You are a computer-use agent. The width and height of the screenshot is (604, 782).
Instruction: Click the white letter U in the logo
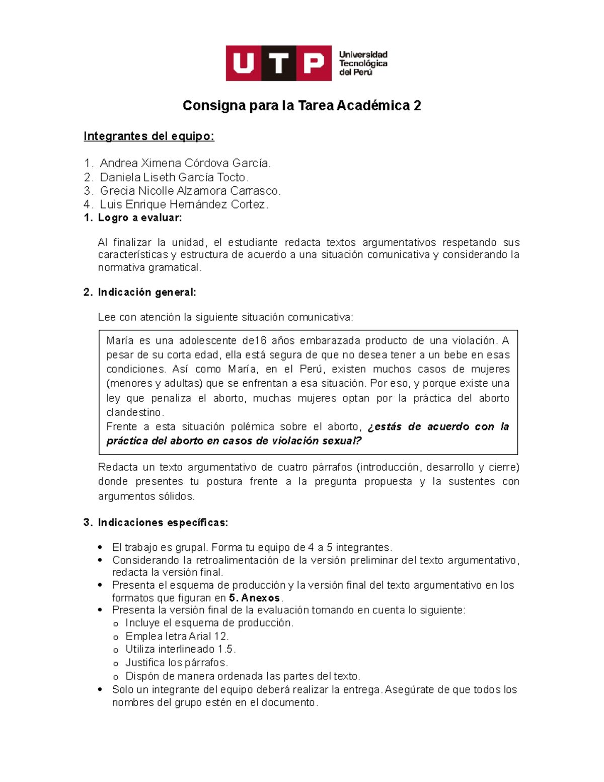244,63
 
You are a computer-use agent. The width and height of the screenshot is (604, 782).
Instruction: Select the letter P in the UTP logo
314,63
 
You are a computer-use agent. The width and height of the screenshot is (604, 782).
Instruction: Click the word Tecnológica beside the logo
363,63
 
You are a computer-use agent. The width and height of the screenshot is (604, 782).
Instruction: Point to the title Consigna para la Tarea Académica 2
301,106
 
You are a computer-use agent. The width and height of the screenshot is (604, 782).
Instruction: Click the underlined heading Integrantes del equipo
149,136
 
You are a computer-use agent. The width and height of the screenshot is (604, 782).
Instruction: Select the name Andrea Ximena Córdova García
185,163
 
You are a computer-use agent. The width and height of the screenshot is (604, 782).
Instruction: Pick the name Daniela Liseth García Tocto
174,177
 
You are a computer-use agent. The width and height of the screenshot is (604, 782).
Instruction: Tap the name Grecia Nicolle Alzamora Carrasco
190,191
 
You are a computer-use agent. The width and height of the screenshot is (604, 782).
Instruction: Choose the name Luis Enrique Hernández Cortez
184,204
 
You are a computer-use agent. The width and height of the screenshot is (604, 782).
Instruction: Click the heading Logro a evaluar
139,218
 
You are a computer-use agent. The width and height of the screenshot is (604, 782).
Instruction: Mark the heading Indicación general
146,293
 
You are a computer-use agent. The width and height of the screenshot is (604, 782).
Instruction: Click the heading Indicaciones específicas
163,523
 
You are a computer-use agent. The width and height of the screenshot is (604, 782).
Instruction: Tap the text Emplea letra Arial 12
177,636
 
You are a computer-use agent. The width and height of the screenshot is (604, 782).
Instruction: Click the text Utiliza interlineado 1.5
181,649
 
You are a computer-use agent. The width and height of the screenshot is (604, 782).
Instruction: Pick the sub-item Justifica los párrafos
177,663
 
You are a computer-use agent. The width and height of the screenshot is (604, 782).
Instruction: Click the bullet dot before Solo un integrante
101,690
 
